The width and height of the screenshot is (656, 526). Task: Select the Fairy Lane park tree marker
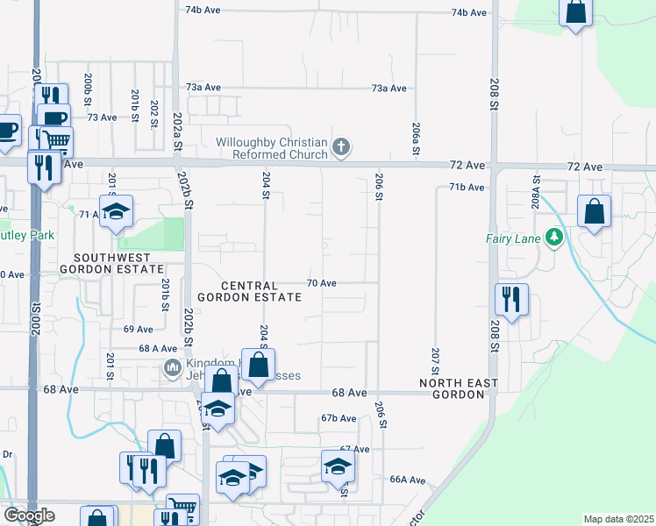tap(553, 237)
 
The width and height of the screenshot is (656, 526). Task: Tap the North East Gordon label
tap(458, 389)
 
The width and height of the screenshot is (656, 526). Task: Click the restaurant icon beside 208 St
tap(510, 300)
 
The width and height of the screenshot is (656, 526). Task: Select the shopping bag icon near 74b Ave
tap(576, 12)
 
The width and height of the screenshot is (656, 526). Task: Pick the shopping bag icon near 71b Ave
tap(595, 211)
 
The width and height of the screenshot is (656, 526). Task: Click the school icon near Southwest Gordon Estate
tap(115, 211)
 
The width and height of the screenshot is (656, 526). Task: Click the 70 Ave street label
tap(322, 283)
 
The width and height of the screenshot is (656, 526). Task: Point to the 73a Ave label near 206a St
tap(389, 89)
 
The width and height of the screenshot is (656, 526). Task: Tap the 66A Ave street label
tap(408, 480)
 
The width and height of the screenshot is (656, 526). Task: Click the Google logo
tap(29, 515)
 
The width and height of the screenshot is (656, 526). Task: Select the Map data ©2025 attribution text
tap(619, 519)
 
